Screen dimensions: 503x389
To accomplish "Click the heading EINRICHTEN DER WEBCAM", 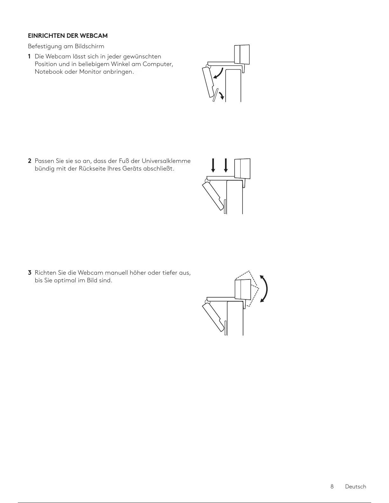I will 68,36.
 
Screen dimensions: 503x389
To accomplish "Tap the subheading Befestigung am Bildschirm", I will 66,46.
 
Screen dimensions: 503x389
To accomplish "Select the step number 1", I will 29,57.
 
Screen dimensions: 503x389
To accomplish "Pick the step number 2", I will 29,161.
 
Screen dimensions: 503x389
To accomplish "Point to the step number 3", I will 29,272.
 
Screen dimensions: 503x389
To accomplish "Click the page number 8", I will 332,486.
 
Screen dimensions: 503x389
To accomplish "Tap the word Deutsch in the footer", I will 356,486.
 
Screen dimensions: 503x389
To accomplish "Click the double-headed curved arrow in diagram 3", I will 265,289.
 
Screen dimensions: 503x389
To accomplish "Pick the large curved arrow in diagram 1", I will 219,74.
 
